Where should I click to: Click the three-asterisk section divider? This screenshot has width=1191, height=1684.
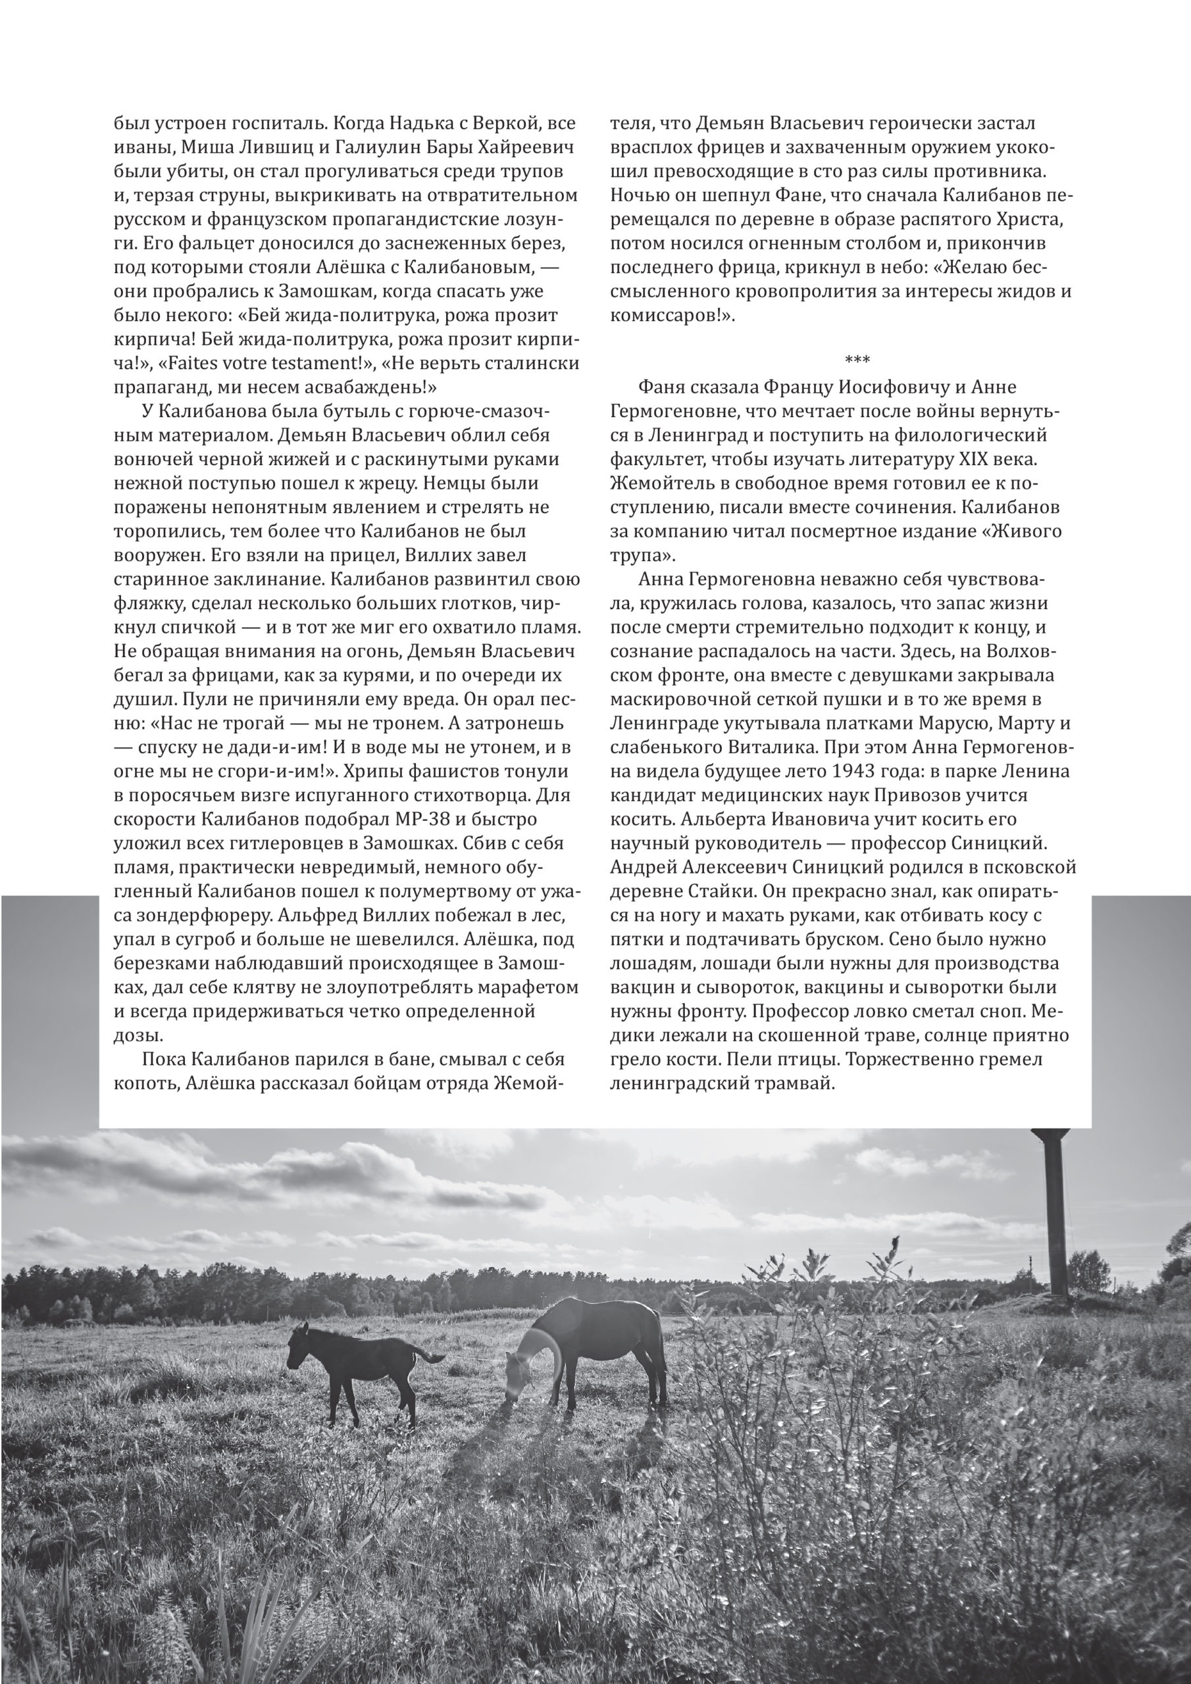[836, 359]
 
